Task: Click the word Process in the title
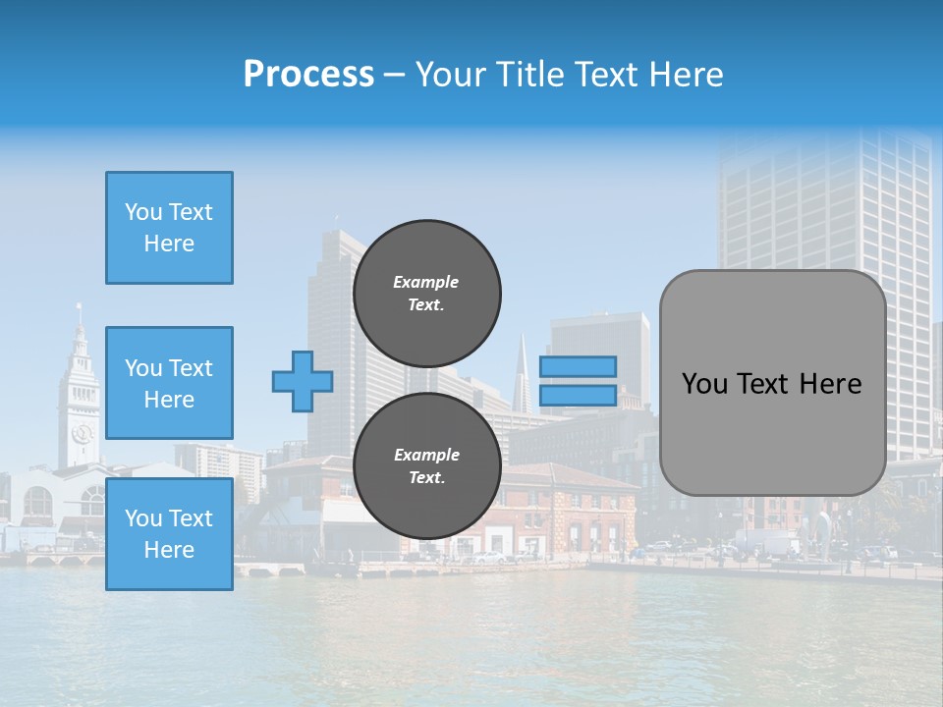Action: pos(308,75)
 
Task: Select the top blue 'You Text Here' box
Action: pos(169,228)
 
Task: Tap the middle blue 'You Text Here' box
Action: pos(169,383)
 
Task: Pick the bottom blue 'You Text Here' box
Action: pos(169,534)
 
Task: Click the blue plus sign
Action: pos(303,381)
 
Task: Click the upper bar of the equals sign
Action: pos(578,366)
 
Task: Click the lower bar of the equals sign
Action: pos(578,396)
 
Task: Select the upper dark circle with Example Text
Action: pos(426,293)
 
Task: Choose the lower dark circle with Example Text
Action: pos(426,466)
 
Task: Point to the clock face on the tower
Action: pos(82,433)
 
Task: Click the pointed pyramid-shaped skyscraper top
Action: pos(523,363)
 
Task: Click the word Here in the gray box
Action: pos(830,384)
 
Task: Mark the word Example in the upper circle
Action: pos(426,282)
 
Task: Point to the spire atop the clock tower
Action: pos(80,316)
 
